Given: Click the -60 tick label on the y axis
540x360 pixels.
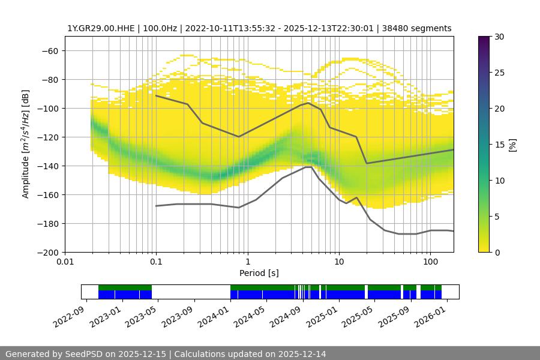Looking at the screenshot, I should [50, 51].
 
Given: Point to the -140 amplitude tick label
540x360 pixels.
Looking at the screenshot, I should [48, 166].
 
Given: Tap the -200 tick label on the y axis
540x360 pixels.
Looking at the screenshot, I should [48, 253].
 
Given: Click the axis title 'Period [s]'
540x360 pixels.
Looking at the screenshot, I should [259, 273].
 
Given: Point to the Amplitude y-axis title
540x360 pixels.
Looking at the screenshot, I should [26, 144].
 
